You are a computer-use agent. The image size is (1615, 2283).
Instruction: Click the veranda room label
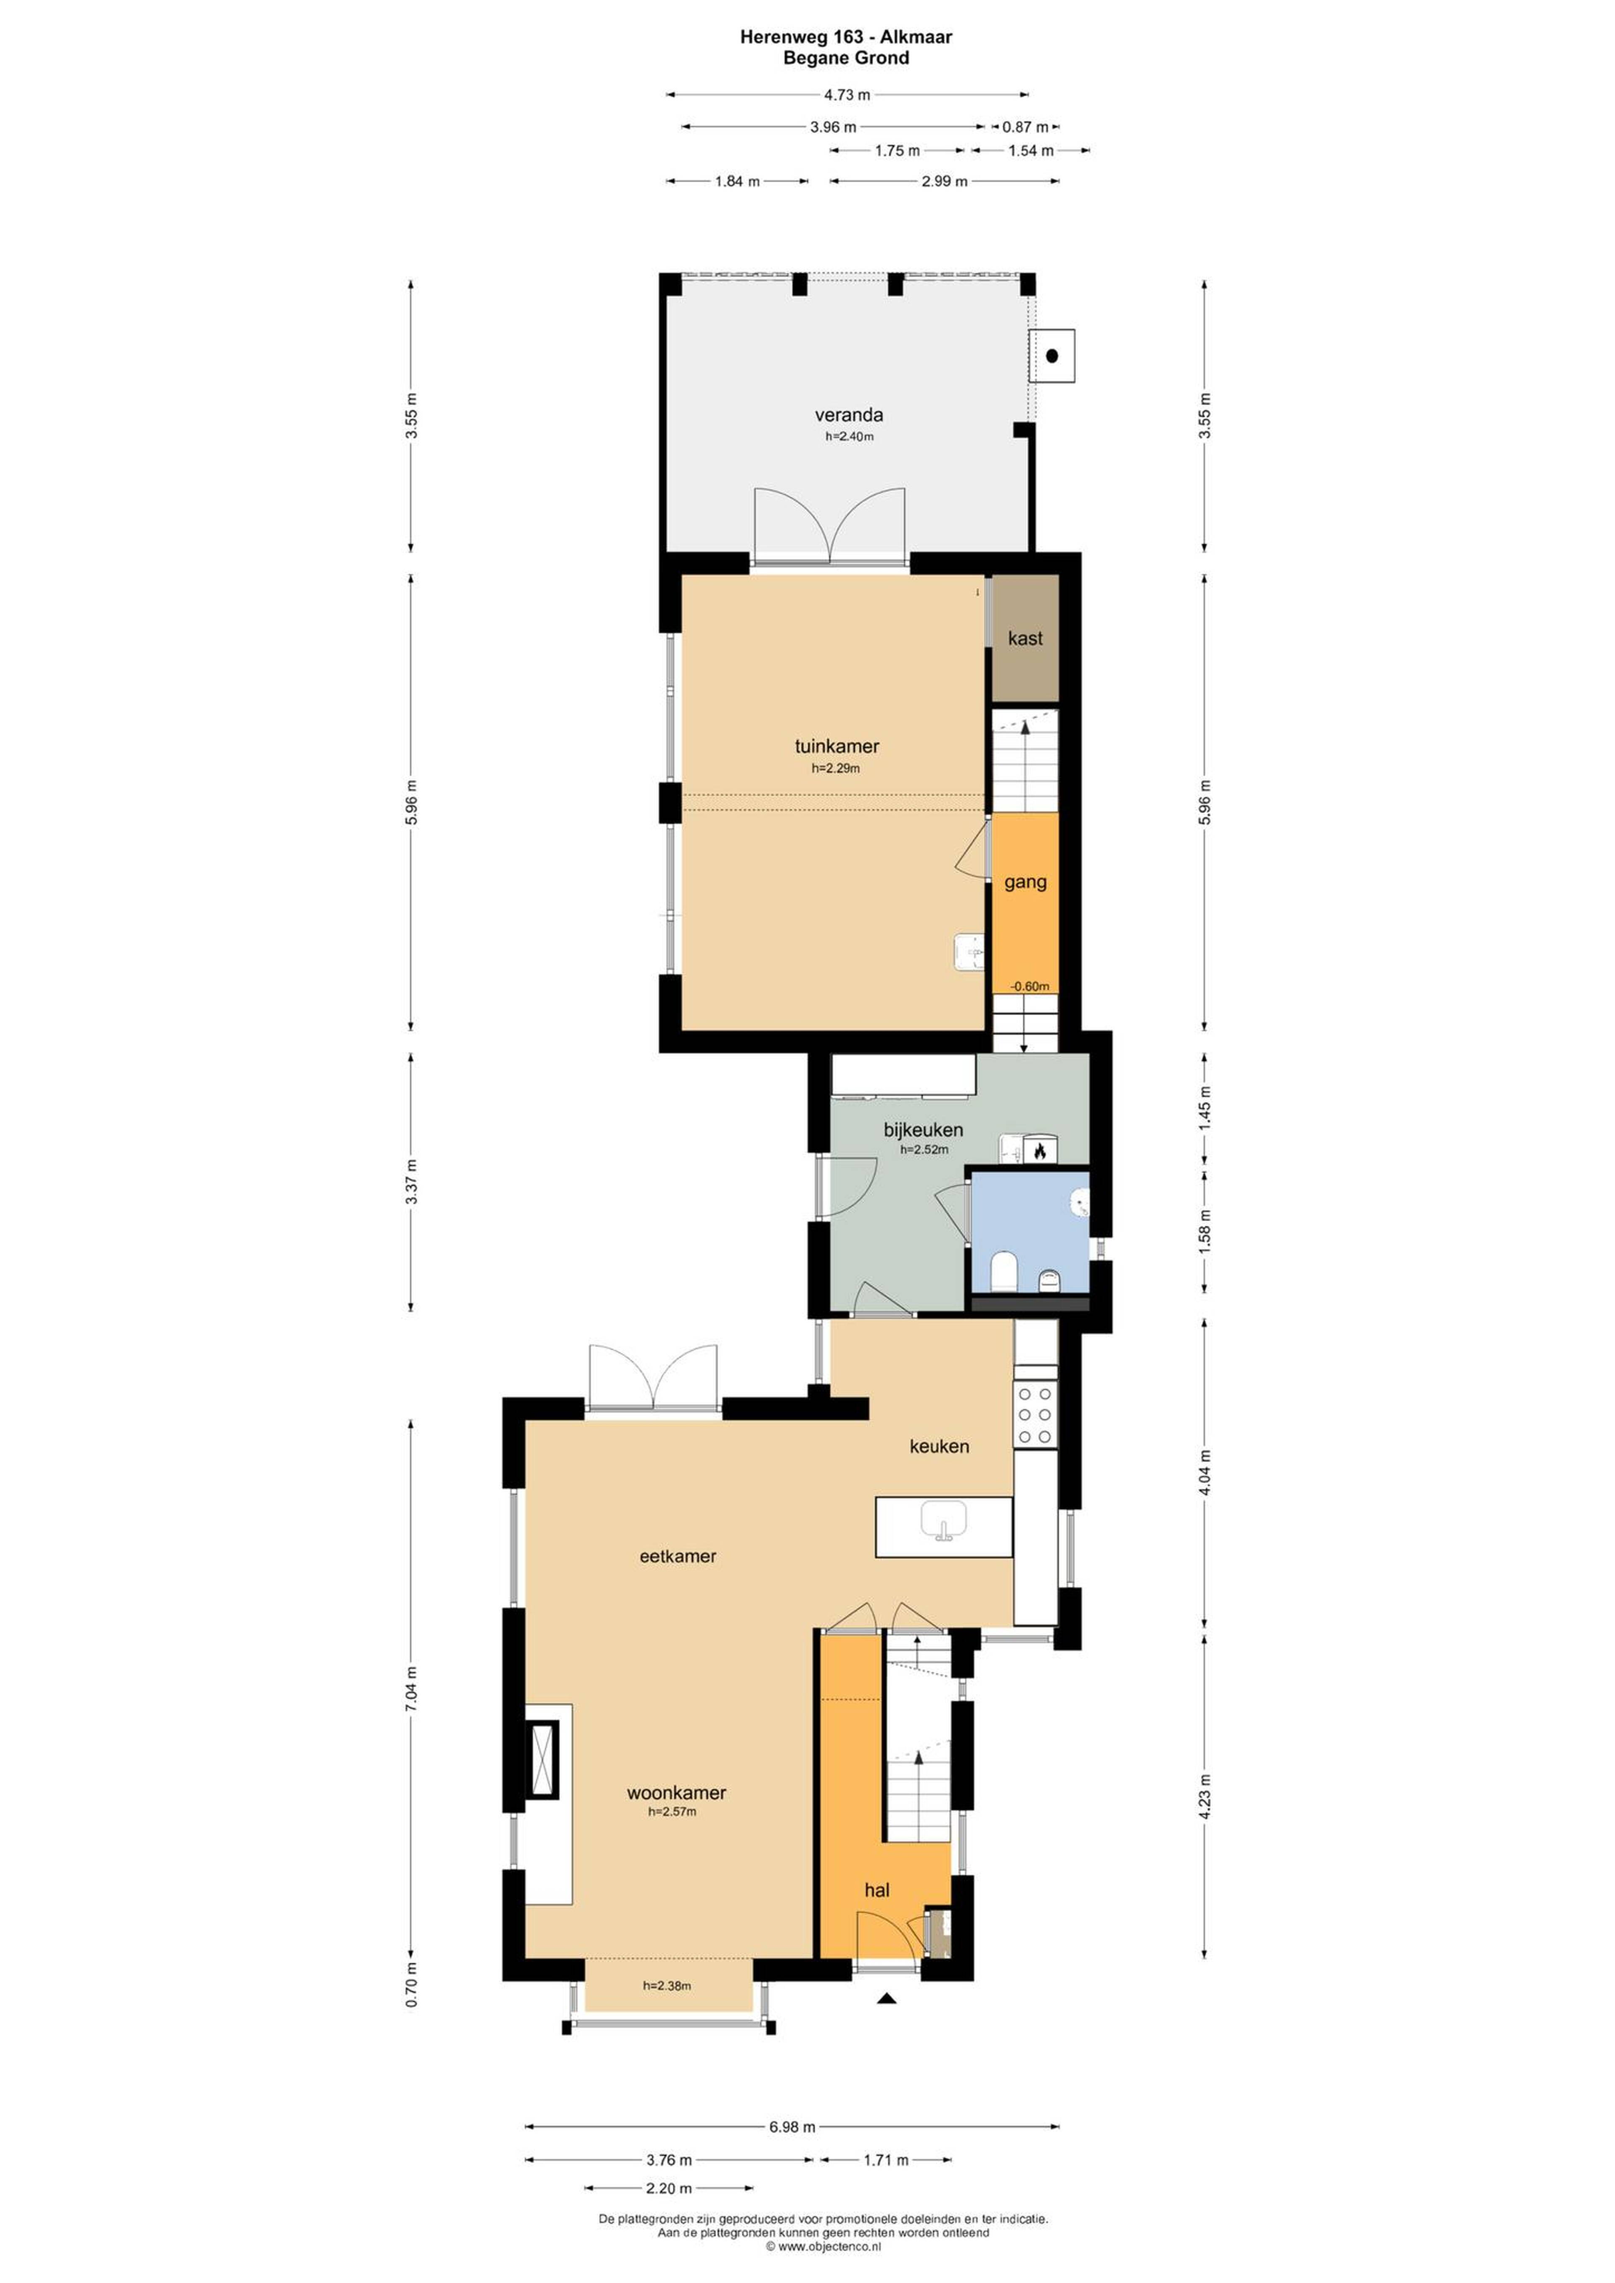click(x=848, y=415)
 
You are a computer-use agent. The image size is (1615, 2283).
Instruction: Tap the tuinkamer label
click(x=837, y=746)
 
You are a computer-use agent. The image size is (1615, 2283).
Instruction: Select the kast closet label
click(x=1025, y=638)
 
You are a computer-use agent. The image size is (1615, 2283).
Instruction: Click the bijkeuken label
click(x=923, y=1130)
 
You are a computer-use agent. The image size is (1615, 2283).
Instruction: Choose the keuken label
click(x=939, y=1446)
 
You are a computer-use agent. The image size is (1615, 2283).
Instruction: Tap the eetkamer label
click(x=677, y=1556)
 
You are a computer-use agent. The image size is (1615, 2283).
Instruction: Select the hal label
click(x=876, y=1890)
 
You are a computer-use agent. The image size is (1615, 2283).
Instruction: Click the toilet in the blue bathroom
click(x=1003, y=1271)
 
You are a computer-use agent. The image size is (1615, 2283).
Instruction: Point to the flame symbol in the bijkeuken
click(x=1039, y=1151)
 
